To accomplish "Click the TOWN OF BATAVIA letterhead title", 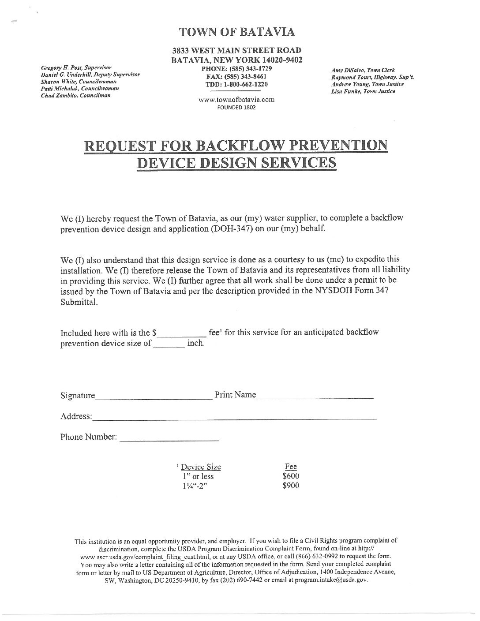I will point(237,32).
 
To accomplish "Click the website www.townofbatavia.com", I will point(236,100).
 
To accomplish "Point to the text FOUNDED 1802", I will point(236,107).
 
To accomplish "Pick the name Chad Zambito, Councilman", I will point(75,95).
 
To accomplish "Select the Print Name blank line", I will point(315,397).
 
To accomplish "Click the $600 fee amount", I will point(291,476).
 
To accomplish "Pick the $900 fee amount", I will point(291,486).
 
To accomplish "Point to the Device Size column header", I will point(201,467).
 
